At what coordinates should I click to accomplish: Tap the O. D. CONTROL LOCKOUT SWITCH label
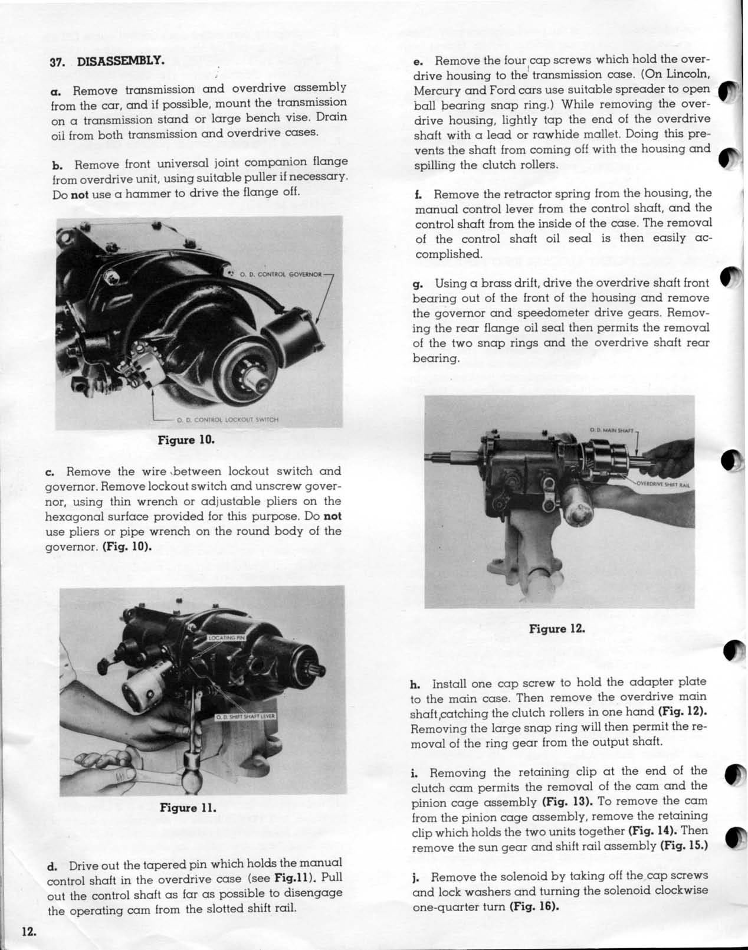point(227,420)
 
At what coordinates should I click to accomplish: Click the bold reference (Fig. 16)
point(533,907)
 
